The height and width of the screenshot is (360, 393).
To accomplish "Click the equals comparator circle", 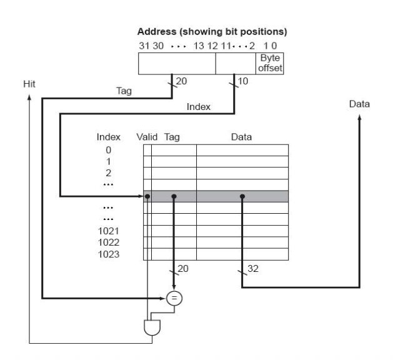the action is pos(174,298).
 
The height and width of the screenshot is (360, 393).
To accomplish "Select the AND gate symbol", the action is pos(152,327).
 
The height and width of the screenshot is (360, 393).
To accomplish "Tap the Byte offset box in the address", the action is pos(270,63).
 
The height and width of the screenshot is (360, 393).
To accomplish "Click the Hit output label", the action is pos(29,84).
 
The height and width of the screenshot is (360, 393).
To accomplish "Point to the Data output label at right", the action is pos(359,104).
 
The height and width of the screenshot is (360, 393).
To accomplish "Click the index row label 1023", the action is pos(109,254).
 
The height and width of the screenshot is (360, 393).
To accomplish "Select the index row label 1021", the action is pos(109,231).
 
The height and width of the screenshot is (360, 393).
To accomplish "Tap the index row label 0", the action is pos(108,150).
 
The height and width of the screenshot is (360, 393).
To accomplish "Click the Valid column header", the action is pos(147,137).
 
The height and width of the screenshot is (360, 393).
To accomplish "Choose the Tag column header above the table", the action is pos(172,137).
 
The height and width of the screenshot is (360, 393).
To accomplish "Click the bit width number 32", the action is pos(253,269).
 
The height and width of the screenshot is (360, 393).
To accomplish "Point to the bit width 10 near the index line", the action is pos(242,81).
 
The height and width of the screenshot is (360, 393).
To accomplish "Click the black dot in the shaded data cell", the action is pos(242,196).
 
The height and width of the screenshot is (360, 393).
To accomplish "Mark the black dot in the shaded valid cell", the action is pos(147,196).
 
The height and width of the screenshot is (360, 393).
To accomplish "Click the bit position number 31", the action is pos(144,46).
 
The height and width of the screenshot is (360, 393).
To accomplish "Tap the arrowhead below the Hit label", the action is pos(29,97).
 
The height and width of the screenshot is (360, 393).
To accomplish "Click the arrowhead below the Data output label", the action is pos(359,117).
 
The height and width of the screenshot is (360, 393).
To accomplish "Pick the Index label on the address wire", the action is pos(199,107).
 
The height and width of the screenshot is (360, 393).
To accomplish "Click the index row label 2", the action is pos(108,173).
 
